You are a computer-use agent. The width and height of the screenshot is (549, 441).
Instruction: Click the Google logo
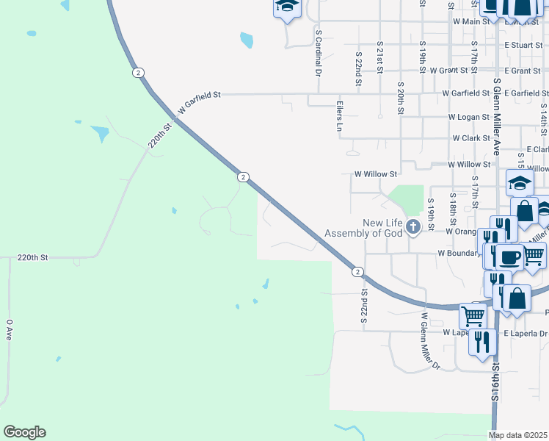(x=24, y=432)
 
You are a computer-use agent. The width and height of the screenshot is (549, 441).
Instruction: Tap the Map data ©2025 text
(x=517, y=435)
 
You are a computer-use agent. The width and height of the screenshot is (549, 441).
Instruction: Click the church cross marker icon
(x=412, y=226)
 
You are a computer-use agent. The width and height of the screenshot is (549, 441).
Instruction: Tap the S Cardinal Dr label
(x=319, y=53)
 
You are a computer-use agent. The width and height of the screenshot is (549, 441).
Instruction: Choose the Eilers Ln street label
(x=339, y=116)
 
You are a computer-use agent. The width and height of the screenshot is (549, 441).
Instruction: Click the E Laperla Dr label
(x=525, y=333)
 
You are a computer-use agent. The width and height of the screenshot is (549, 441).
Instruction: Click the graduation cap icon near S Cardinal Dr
(x=287, y=7)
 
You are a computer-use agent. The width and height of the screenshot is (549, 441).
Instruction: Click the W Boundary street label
(x=459, y=253)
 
